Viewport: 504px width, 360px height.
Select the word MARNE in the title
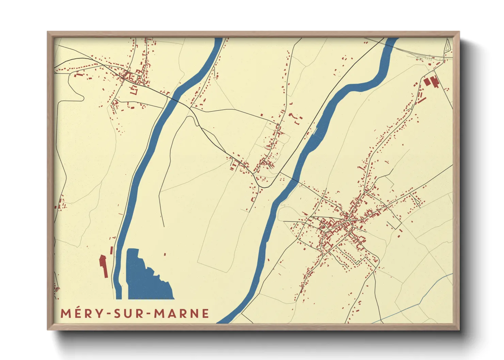(x=182, y=313)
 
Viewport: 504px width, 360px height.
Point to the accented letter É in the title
(x=77, y=313)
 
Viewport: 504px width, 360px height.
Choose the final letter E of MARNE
(x=205, y=313)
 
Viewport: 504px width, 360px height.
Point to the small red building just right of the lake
(x=165, y=254)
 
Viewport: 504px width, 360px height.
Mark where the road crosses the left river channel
(x=174, y=99)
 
